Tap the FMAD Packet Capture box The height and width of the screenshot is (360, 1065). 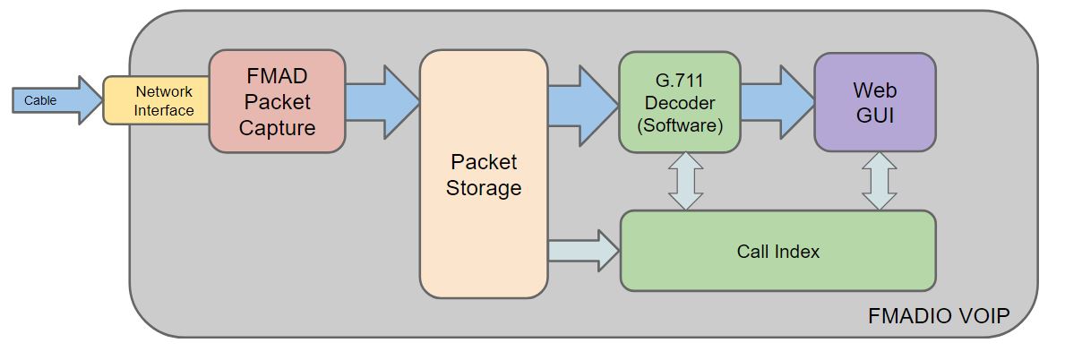pos(277,101)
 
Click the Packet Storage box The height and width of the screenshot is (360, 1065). pos(483,175)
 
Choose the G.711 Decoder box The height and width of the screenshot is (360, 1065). pos(679,102)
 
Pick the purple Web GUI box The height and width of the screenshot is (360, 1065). pos(874,102)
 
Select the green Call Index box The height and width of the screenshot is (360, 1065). pos(777,251)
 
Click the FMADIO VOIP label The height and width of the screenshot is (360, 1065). pos(939,316)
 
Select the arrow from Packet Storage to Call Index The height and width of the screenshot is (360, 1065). pos(583,248)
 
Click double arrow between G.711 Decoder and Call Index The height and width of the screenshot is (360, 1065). pos(685,181)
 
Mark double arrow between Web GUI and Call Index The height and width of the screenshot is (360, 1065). pos(879,181)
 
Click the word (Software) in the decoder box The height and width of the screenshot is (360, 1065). pos(679,125)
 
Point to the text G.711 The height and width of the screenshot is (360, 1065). pos(679,82)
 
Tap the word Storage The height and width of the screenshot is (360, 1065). pos(483,189)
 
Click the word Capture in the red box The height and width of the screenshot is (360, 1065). pos(277,128)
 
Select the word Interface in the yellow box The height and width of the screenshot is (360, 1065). pos(165,110)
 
